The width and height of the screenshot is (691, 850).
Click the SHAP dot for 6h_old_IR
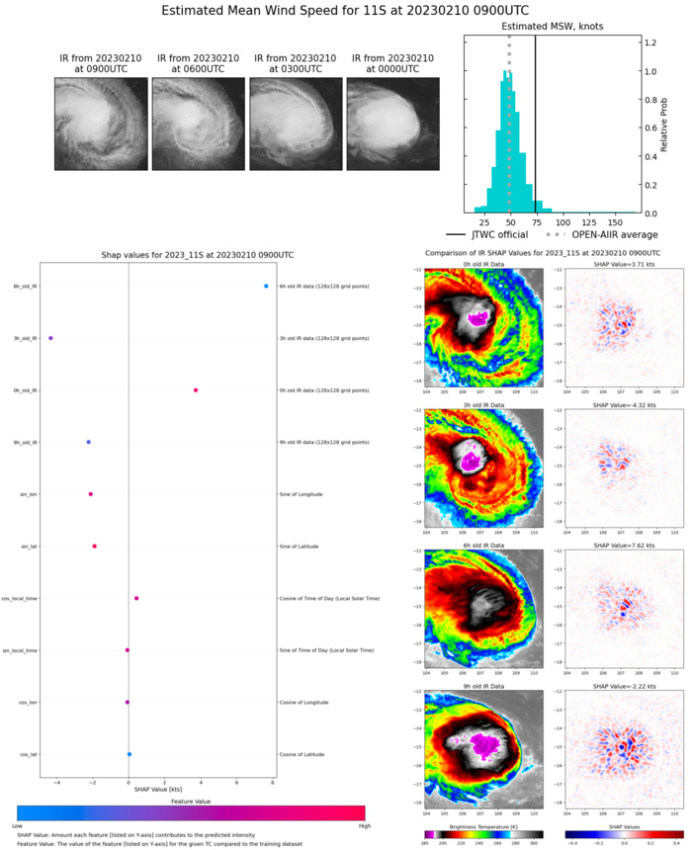[x=266, y=287]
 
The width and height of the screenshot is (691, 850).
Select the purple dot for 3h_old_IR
[x=50, y=338]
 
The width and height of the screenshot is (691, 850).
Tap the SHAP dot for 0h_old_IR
[x=196, y=390]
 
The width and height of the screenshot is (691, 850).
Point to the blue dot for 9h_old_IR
[x=89, y=442]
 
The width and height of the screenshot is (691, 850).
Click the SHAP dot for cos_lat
[x=130, y=754]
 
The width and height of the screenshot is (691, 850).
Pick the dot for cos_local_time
[x=136, y=598]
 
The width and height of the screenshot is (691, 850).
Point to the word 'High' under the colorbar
[x=365, y=824]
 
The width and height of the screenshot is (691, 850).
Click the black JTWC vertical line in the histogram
[x=535, y=119]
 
